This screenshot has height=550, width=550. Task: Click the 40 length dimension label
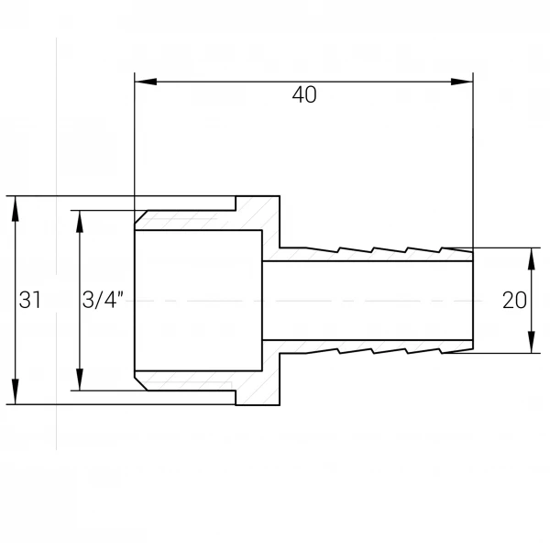coord(304,94)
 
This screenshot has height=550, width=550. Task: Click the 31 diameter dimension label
coord(30,301)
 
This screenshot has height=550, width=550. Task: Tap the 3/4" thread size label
coord(103,300)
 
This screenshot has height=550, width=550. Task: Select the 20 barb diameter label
coord(514,301)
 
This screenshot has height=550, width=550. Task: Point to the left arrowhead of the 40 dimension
coord(145,82)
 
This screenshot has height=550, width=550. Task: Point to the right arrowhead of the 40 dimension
coord(462,82)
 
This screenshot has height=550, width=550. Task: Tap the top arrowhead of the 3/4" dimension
coord(80,222)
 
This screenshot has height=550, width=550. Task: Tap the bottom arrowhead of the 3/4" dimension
coord(80,379)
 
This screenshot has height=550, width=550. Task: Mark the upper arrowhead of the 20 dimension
coord(532,258)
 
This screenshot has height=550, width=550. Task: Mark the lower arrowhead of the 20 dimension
coord(532,342)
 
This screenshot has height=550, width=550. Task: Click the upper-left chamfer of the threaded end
coord(140,216)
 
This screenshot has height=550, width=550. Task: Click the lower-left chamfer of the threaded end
coord(140,383)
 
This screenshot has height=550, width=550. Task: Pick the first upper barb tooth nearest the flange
coord(322,249)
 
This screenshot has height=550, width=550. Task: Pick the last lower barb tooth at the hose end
coord(456,351)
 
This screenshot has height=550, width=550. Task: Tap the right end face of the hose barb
coord(473,301)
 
